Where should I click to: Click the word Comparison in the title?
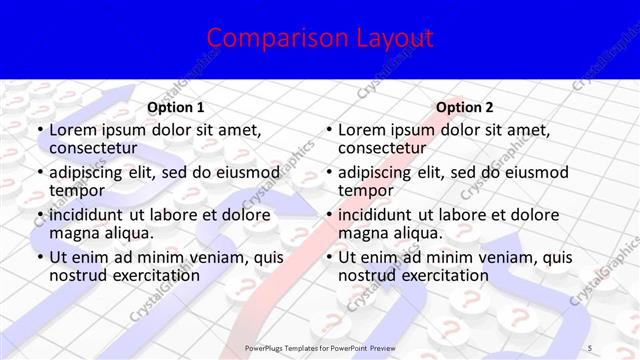point(263,39)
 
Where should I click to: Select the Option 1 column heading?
point(176,107)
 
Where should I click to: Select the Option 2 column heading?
point(464,107)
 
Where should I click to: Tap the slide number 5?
point(592,346)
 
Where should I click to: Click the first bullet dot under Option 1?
point(40,131)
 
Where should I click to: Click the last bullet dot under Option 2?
point(329,258)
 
